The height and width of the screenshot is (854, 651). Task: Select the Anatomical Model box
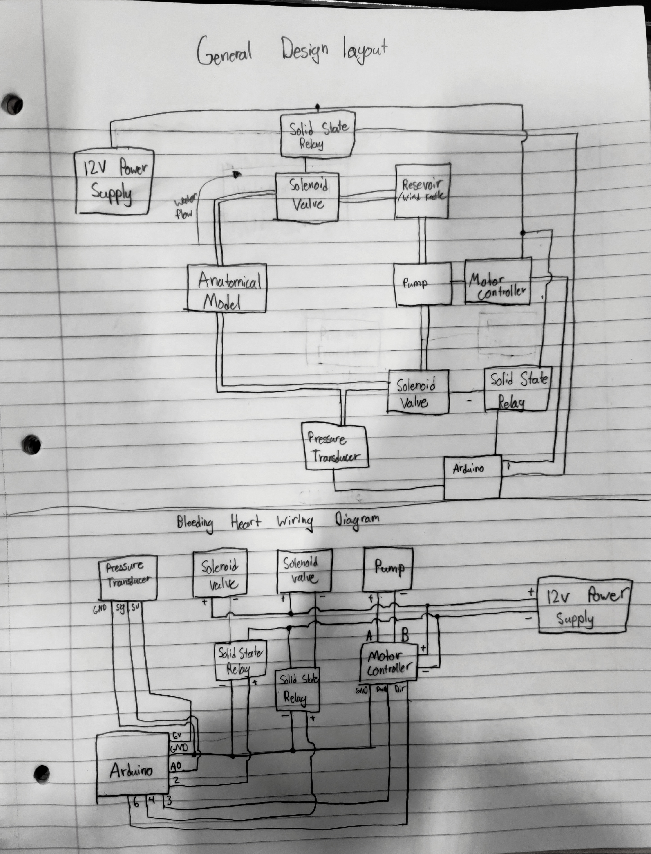coord(227,288)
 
